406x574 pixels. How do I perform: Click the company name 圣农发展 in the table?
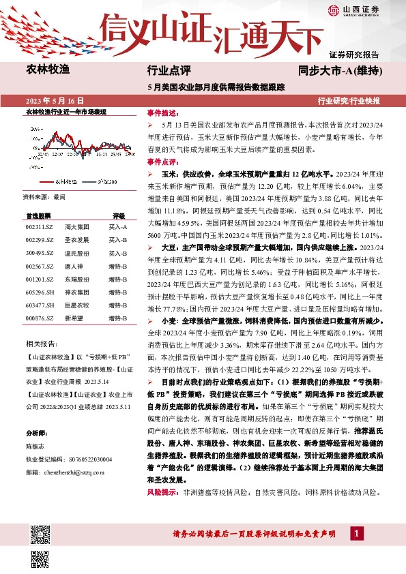(x=76, y=240)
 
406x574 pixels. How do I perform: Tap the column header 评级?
(x=119, y=213)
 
